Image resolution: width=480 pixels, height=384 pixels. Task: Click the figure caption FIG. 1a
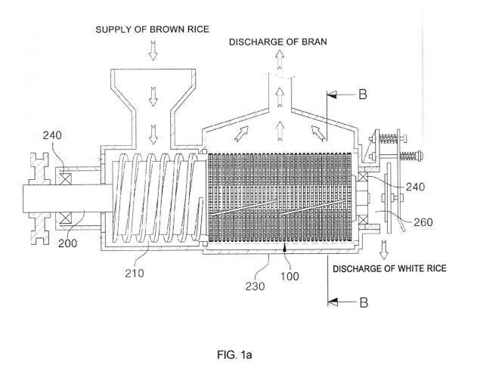[x=234, y=355]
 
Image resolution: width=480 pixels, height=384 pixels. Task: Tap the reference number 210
[x=135, y=273]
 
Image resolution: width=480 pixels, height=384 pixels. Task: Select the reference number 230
[x=255, y=286]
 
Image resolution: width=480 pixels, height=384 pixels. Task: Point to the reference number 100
[x=290, y=276]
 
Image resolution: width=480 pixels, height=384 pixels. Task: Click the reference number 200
[x=67, y=243]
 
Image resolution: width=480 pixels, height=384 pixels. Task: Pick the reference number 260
[x=423, y=222]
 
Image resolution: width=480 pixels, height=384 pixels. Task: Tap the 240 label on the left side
[x=52, y=135]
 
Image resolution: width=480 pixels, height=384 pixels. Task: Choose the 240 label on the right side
[x=416, y=187]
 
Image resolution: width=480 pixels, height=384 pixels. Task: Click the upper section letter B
[x=362, y=94]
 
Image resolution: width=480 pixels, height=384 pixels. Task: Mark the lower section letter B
[x=364, y=302]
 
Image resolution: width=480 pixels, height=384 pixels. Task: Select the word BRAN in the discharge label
[x=314, y=42]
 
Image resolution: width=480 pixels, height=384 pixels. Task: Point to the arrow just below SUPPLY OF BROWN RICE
[x=153, y=50]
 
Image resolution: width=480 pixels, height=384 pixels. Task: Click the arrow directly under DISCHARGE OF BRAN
[x=279, y=59]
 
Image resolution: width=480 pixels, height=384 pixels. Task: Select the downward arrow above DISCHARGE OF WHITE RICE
[x=383, y=250]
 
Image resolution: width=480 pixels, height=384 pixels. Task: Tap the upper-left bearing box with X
[x=65, y=178]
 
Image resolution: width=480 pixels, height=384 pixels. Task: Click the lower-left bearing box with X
[x=65, y=218]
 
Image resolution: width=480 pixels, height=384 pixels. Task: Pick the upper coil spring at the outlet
[x=389, y=139]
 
